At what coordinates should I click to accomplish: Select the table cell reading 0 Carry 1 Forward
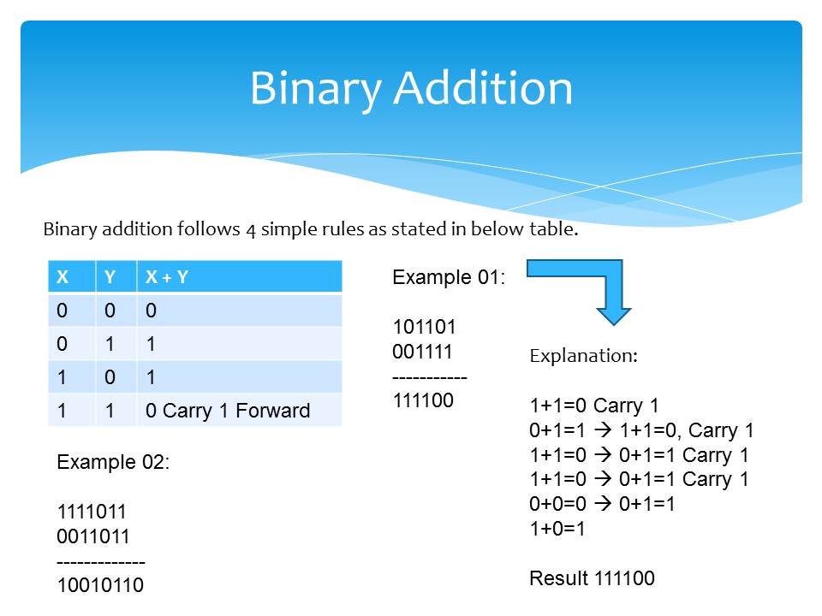(228, 411)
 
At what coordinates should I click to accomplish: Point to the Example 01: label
(449, 277)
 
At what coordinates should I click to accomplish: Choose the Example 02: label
(113, 463)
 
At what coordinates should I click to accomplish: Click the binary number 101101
(425, 327)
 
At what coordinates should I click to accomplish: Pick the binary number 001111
(422, 351)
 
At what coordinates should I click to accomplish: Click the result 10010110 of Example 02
(100, 586)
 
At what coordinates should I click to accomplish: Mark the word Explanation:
(583, 356)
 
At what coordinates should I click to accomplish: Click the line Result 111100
(592, 578)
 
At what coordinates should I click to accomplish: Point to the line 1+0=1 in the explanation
(557, 529)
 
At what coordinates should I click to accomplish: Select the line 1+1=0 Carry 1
(593, 406)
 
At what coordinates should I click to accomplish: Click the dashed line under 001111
(430, 376)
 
